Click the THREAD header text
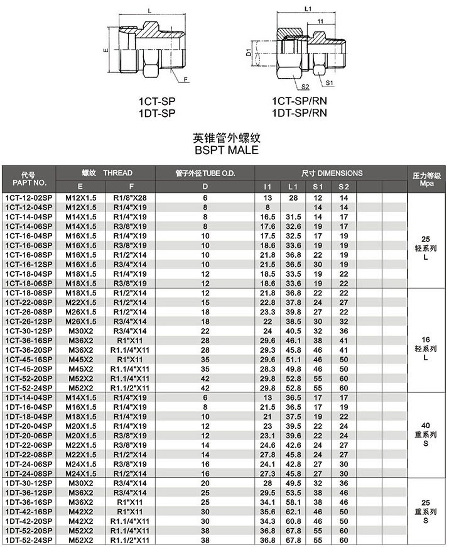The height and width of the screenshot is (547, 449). tap(117, 173)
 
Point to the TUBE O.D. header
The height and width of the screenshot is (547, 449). tap(205, 173)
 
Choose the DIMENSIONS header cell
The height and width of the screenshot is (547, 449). tap(331, 173)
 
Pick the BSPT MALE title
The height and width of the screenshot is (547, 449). tap(224, 150)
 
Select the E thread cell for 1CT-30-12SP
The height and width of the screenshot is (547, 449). tap(80, 330)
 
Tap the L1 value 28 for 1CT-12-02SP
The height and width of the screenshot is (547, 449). tap(293, 198)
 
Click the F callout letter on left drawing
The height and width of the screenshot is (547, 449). tap(186, 80)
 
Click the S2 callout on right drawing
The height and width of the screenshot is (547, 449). tap(306, 87)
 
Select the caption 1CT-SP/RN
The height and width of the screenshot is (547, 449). tap(299, 101)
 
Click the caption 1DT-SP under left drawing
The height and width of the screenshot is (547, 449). tap(156, 113)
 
